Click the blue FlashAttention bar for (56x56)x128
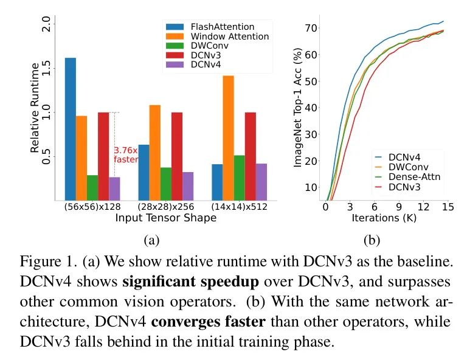click(71, 129)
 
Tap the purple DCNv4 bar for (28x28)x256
click(188, 186)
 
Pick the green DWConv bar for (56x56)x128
click(92, 188)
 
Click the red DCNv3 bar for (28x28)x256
click(177, 156)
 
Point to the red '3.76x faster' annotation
click(126, 154)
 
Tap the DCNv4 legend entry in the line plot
click(407, 156)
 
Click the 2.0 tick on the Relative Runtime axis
click(46, 24)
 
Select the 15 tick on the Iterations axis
click(448, 207)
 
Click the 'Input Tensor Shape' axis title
click(165, 218)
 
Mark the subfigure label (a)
click(150, 240)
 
